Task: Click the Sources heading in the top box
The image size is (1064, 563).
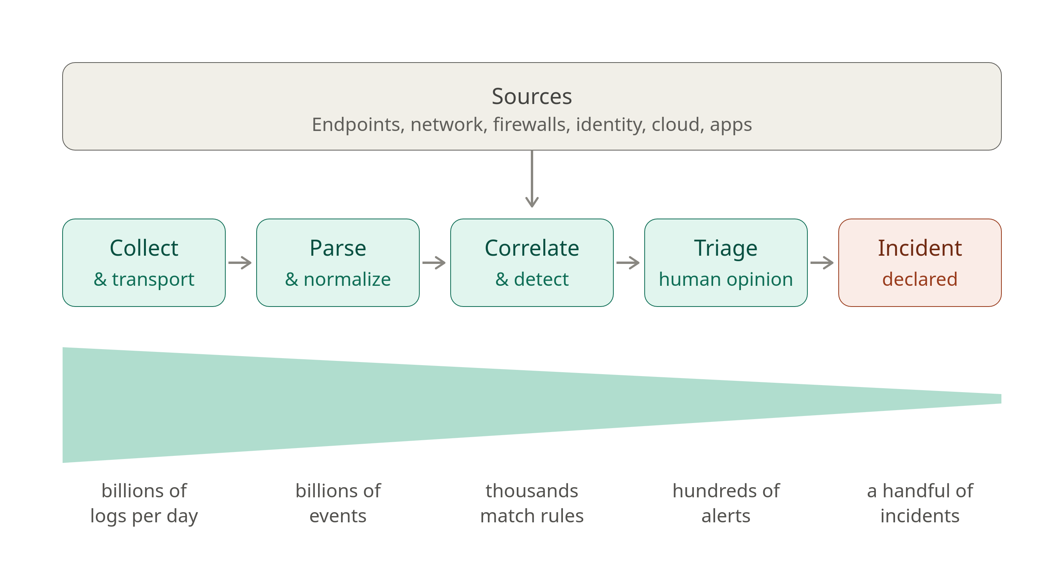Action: click(532, 97)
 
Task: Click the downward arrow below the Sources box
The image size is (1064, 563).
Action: click(532, 179)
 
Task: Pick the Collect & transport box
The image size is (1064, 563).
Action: click(144, 262)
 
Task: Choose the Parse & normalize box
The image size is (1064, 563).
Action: click(338, 262)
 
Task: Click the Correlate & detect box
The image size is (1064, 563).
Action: click(532, 262)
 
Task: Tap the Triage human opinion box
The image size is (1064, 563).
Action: click(726, 262)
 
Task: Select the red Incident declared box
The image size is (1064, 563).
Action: click(920, 262)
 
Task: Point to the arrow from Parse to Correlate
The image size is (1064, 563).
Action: click(434, 262)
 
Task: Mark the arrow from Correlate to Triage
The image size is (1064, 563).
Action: click(628, 262)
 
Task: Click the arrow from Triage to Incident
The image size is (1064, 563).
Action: click(822, 262)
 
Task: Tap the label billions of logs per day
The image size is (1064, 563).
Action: click(144, 504)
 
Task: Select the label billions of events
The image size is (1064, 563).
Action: click(338, 504)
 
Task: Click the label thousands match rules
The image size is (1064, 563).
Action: click(532, 504)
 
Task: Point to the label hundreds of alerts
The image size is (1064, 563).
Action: click(726, 504)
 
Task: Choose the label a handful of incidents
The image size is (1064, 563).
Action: click(920, 504)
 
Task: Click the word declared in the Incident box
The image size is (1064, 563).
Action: click(920, 280)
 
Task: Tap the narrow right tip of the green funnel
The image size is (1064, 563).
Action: click(1000, 399)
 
